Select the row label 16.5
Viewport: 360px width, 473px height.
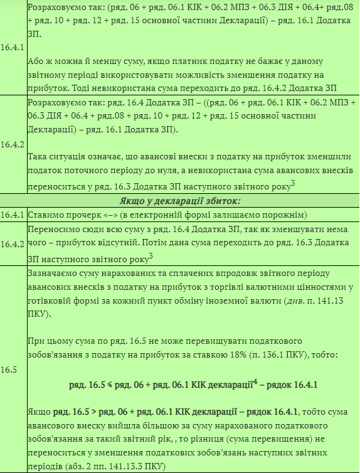[8, 369]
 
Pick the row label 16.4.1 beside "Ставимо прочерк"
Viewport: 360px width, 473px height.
[13, 215]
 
